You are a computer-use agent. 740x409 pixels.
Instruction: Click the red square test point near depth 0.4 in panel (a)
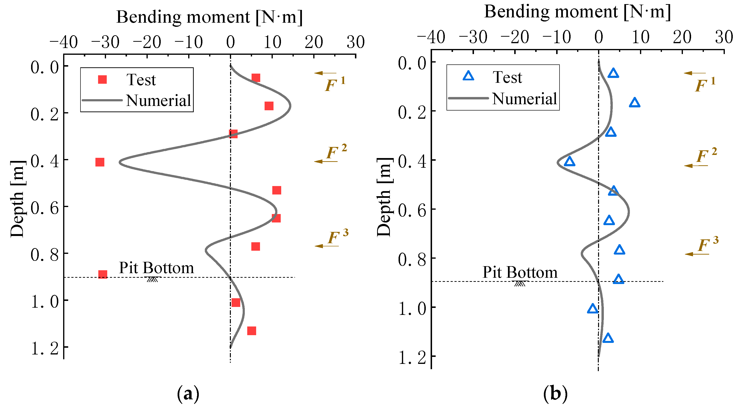(x=100, y=162)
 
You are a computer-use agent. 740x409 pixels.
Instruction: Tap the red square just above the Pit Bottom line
(x=103, y=274)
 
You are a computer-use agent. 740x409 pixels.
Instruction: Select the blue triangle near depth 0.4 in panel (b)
(x=569, y=162)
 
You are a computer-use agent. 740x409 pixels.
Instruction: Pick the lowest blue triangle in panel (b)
(x=608, y=338)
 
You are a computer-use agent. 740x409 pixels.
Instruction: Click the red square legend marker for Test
(x=102, y=79)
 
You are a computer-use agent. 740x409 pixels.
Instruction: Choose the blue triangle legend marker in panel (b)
(x=468, y=76)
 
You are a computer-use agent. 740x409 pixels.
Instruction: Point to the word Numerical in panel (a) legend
(x=158, y=100)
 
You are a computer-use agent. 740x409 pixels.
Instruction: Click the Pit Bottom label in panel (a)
(x=156, y=268)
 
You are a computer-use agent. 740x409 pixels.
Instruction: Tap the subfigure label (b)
(x=555, y=393)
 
